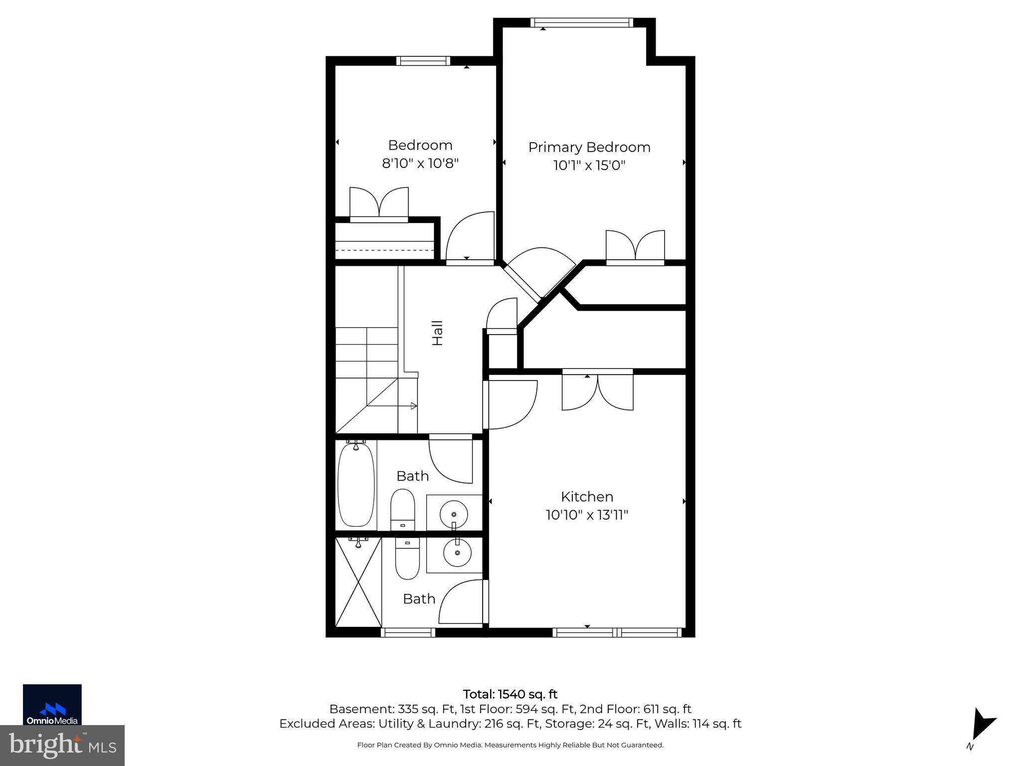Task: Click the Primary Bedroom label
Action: [x=589, y=147]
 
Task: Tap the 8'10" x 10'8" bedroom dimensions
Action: [x=420, y=164]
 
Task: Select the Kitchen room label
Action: [x=587, y=497]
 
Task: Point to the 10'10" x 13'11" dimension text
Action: [x=587, y=515]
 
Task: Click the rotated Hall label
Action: [x=437, y=333]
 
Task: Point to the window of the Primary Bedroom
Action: [x=581, y=22]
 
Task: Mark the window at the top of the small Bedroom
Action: [x=423, y=61]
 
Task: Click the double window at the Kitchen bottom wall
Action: [x=617, y=632]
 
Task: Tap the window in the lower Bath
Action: [x=408, y=632]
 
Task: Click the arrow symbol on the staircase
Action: [x=413, y=406]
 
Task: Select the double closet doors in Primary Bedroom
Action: [x=635, y=247]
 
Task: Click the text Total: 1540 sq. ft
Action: [x=510, y=694]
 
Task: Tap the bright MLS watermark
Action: [x=62, y=746]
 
